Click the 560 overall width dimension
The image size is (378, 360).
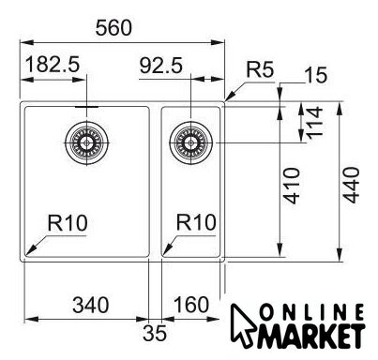point(113,27)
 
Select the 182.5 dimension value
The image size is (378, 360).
point(53,65)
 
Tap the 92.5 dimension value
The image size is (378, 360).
point(160,66)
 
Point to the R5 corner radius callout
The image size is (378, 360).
point(260,69)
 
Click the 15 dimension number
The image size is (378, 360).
point(316,75)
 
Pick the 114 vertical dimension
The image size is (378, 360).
point(314,123)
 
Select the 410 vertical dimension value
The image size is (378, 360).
point(292,186)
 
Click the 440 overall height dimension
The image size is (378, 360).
point(351,185)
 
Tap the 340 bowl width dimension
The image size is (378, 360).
point(91,305)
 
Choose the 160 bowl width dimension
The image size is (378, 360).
point(191,305)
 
